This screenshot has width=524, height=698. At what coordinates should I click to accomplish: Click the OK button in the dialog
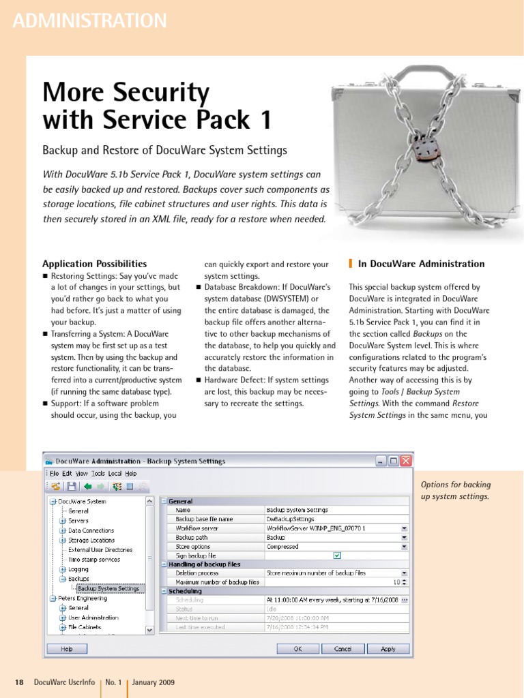click(x=297, y=649)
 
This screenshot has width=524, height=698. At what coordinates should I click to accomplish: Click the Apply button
click(x=388, y=649)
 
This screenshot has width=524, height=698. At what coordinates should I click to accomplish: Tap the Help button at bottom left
click(x=67, y=649)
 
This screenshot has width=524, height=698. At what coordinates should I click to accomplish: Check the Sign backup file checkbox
click(x=336, y=556)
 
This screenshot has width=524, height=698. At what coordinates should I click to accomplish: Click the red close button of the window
click(x=406, y=461)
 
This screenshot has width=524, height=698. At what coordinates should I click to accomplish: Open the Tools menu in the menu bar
click(x=98, y=473)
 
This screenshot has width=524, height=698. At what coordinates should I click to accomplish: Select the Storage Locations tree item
click(x=91, y=540)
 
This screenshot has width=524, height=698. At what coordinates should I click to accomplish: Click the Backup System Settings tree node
click(x=108, y=588)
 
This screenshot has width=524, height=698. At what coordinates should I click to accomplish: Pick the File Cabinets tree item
click(x=85, y=627)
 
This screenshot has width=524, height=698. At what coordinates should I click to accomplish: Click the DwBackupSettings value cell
click(x=286, y=519)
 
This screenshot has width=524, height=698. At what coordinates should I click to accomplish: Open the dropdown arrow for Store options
click(x=405, y=547)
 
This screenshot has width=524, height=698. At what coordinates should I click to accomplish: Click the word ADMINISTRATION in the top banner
click(x=89, y=21)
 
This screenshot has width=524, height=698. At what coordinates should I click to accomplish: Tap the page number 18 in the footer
click(x=19, y=682)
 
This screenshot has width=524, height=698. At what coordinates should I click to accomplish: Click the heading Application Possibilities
click(x=94, y=264)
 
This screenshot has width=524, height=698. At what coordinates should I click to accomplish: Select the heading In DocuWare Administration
click(x=421, y=264)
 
